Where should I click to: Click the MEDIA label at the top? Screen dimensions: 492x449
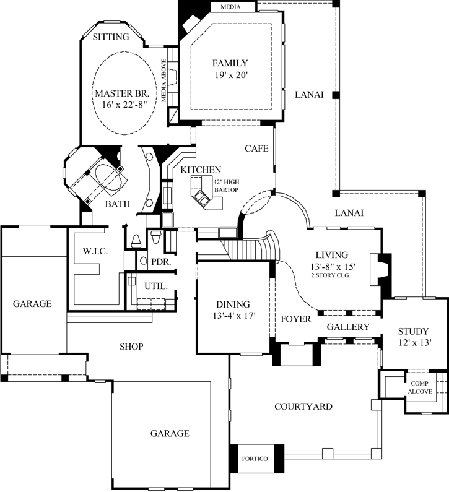(x=234, y=7)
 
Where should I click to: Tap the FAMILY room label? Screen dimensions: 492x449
(x=230, y=63)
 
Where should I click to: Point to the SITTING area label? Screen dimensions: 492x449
(x=111, y=37)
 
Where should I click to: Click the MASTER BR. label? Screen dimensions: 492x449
(x=118, y=93)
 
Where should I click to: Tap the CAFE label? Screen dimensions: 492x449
(x=256, y=149)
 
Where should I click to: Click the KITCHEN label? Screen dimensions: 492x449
(x=201, y=170)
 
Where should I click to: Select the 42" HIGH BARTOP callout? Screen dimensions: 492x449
(x=226, y=185)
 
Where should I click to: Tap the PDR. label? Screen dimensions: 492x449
(x=161, y=262)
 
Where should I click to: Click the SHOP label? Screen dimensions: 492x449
(x=131, y=347)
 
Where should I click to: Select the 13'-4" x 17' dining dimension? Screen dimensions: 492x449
(x=232, y=316)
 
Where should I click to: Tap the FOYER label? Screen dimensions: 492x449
(x=295, y=319)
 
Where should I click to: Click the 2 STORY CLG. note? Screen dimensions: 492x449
(x=331, y=275)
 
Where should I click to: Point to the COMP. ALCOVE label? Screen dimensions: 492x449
(x=420, y=388)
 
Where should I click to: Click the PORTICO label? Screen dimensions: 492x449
(x=255, y=459)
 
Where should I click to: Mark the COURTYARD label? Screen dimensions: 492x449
(x=303, y=407)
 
